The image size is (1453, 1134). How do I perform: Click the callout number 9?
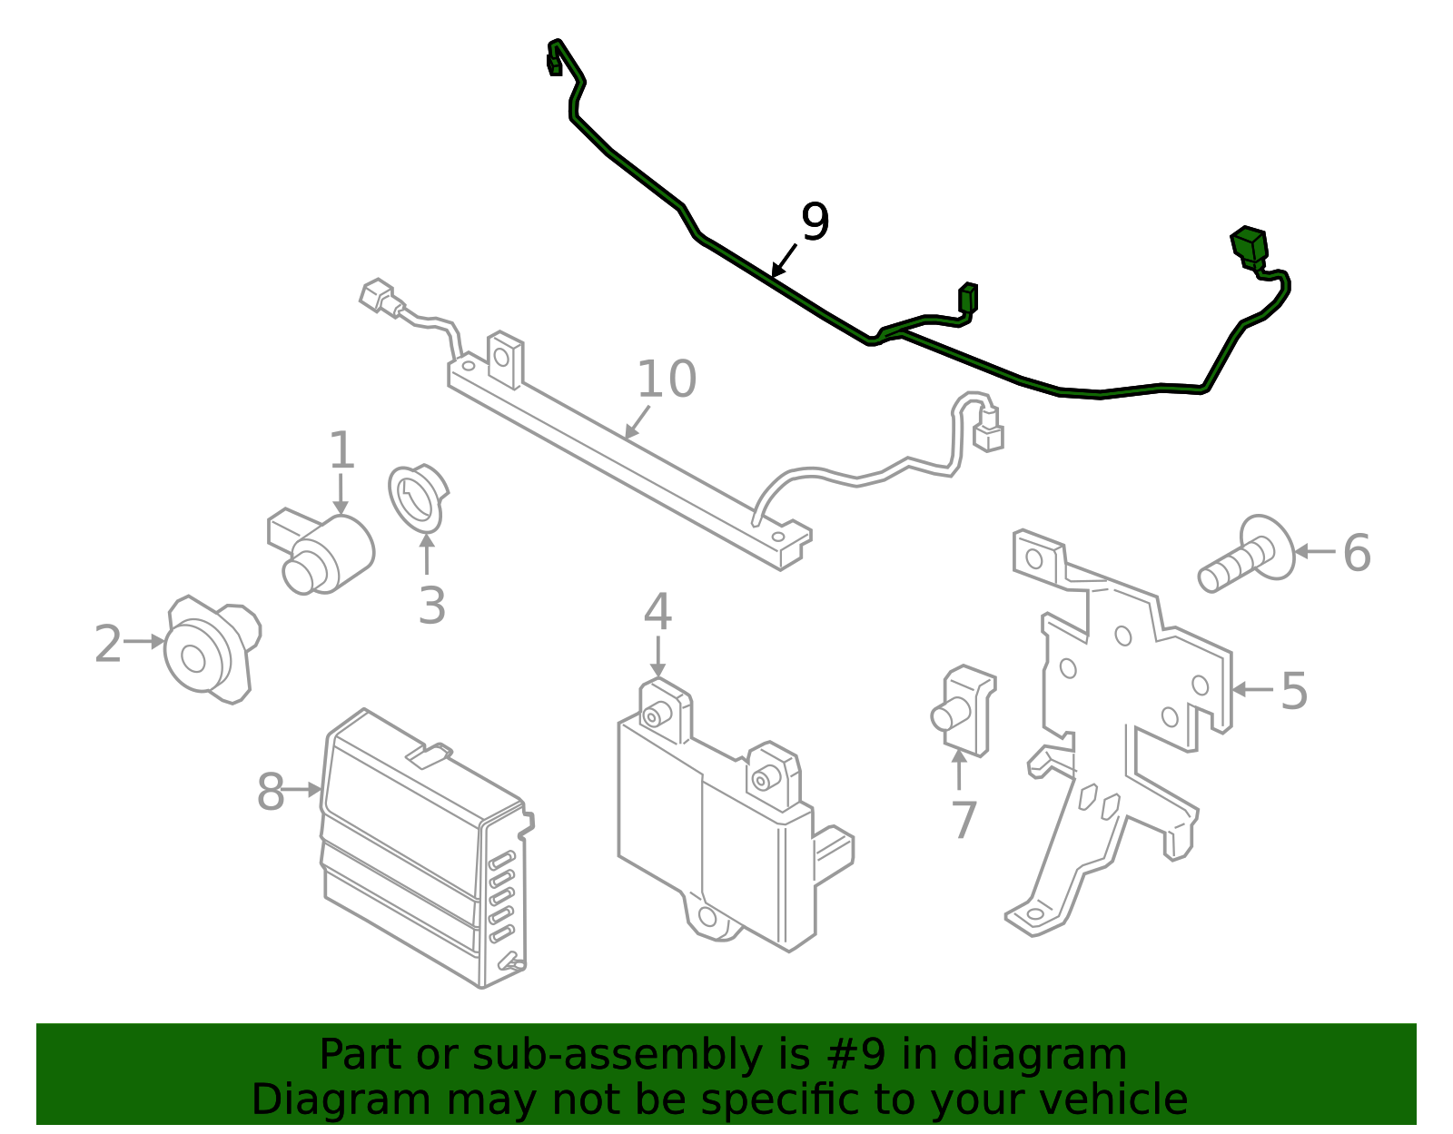point(815,222)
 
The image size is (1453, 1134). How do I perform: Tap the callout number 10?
point(666,379)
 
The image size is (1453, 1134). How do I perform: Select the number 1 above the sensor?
point(341,451)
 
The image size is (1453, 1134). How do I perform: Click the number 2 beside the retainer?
point(107,644)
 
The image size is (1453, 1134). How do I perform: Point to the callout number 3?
point(431,606)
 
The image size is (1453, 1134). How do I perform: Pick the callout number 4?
point(657,612)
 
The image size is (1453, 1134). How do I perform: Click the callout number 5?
point(1294,691)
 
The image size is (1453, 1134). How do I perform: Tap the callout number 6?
point(1356,553)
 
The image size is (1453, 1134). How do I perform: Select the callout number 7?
point(963,820)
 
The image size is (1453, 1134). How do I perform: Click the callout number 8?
point(271,792)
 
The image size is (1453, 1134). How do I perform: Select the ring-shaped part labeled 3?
point(415,497)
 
